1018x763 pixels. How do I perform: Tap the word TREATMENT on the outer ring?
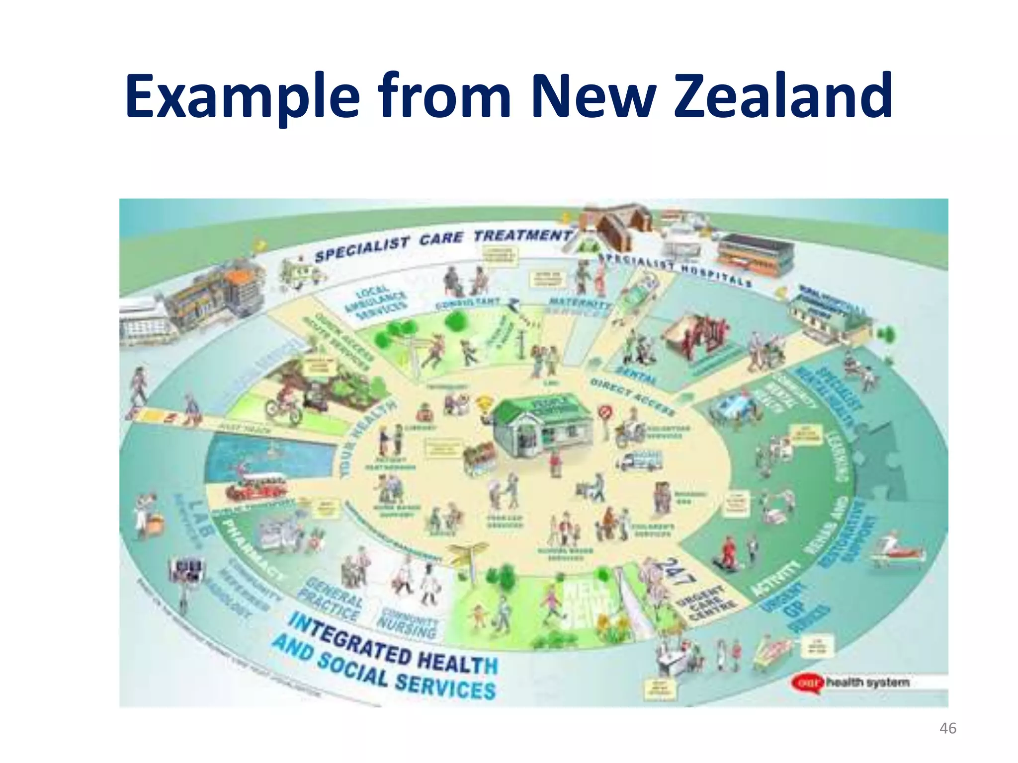click(522, 235)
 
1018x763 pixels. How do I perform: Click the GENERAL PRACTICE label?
click(331, 599)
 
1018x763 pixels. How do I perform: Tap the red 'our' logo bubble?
click(808, 683)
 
